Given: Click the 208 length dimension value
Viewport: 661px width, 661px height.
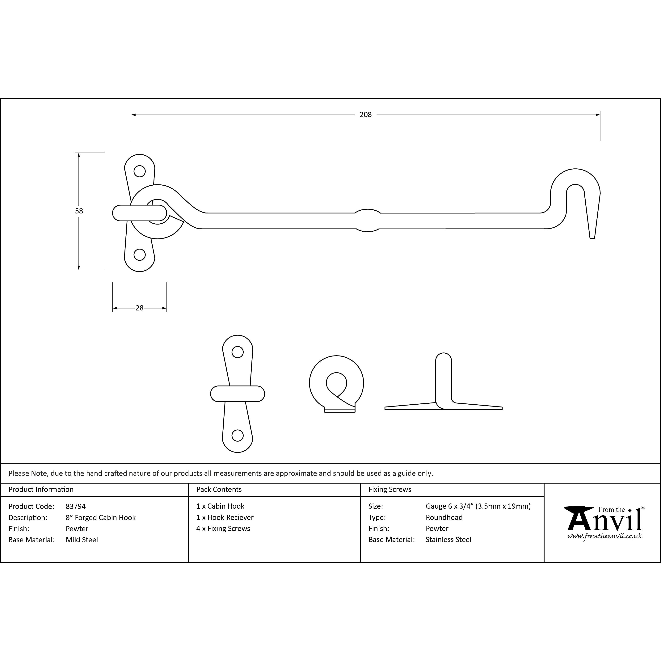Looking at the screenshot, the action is (x=365, y=115).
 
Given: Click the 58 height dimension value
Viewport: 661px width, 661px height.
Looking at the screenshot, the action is (x=79, y=211).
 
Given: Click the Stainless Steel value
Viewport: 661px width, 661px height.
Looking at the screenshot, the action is (x=448, y=540).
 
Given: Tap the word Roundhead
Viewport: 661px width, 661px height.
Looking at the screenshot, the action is (x=444, y=517).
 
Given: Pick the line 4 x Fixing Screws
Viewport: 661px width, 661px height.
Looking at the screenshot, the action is (x=223, y=529).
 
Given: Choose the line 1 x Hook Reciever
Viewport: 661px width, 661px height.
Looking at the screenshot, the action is (x=225, y=517).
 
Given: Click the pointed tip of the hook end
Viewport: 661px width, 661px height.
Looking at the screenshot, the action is (x=592, y=238).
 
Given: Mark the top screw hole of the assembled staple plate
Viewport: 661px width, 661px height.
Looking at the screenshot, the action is (x=140, y=171).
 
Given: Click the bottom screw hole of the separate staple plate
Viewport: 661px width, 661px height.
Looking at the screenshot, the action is (x=238, y=436).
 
